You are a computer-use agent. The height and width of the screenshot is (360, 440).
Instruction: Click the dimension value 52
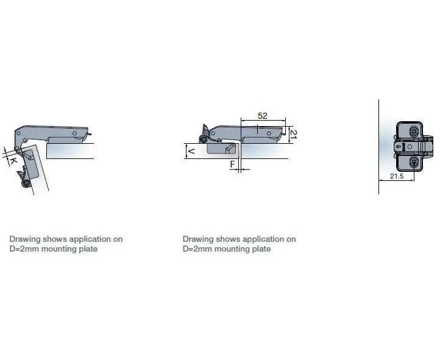click(263, 116)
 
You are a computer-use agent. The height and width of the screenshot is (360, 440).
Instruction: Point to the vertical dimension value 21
click(293, 134)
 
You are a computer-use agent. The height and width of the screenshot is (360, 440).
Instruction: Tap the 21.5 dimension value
click(397, 176)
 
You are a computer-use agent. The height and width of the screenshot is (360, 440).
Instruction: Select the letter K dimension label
click(13, 161)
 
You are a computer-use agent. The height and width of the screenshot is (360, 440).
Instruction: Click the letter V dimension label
click(191, 151)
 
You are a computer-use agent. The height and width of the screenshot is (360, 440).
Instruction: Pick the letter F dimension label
click(232, 164)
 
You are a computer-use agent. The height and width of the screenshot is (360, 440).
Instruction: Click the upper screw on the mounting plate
click(414, 132)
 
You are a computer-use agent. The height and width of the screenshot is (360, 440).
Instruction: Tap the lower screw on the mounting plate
click(414, 162)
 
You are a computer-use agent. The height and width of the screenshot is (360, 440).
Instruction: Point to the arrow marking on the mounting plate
click(398, 147)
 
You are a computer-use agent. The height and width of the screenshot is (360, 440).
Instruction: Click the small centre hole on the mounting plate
click(410, 147)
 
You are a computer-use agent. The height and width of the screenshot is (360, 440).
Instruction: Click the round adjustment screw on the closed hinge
click(202, 139)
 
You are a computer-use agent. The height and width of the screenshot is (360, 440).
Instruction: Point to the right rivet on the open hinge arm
click(74, 133)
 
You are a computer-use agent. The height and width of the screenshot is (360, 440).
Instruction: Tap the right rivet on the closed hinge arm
click(269, 133)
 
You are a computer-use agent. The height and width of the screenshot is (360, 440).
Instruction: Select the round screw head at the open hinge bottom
click(26, 183)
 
